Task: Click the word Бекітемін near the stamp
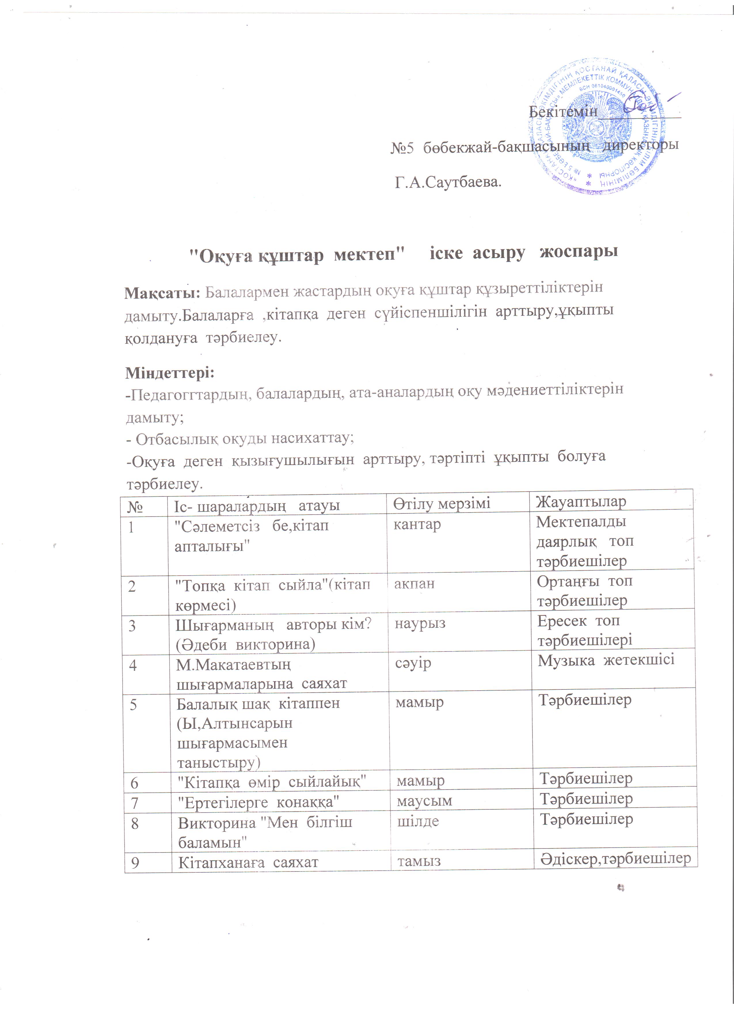pyautogui.click(x=563, y=112)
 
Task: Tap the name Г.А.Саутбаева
pyautogui.click(x=448, y=182)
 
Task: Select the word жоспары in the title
pyautogui.click(x=578, y=252)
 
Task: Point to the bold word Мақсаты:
pyautogui.click(x=162, y=293)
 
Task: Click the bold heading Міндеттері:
pyautogui.click(x=170, y=373)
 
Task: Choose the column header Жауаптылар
pyautogui.click(x=581, y=501)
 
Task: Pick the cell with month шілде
pyautogui.click(x=418, y=821)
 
